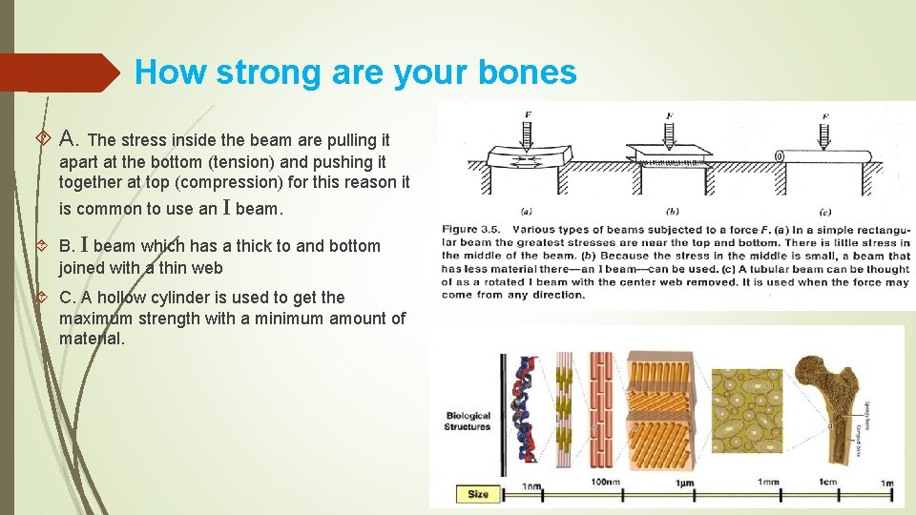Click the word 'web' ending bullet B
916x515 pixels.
[x=207, y=268]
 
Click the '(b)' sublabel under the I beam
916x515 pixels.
[x=672, y=211]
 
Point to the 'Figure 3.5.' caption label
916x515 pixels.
[x=475, y=229]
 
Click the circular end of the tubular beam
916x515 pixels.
[x=779, y=156]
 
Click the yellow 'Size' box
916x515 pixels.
[x=478, y=493]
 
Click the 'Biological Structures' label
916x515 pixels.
[x=468, y=421]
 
